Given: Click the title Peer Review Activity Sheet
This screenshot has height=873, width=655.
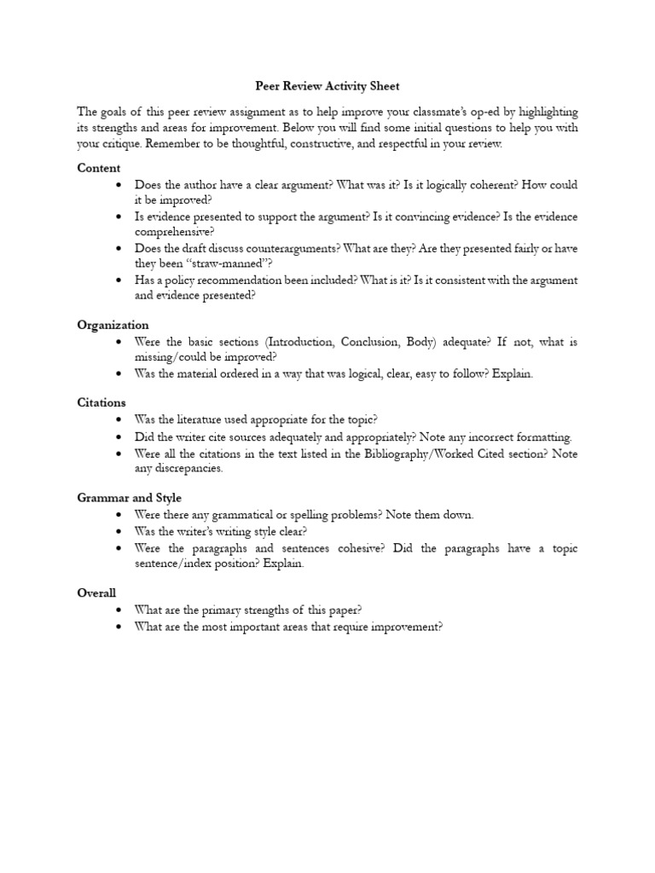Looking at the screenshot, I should point(327,86).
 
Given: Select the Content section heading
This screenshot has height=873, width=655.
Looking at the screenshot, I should point(99,168).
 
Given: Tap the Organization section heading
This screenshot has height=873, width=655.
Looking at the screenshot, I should point(113,325).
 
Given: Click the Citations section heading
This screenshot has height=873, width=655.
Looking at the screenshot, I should point(101,402).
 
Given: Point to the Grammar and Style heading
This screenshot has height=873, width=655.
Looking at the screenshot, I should point(129,497).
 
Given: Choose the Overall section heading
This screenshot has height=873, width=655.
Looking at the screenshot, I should point(96,593).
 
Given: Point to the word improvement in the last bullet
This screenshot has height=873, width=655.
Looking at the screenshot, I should point(406,627).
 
